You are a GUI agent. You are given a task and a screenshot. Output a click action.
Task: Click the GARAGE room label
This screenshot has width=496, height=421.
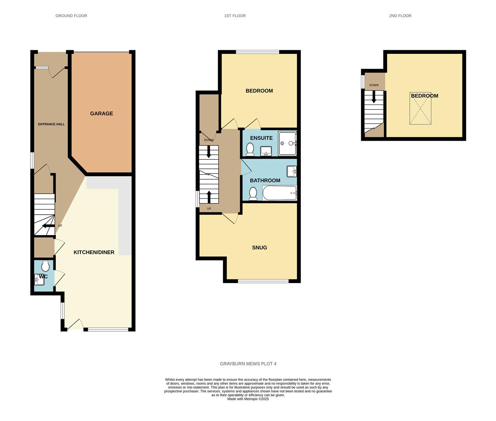pyautogui.click(x=102, y=113)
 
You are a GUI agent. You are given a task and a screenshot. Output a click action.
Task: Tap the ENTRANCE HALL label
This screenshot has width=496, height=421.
pyautogui.click(x=51, y=124)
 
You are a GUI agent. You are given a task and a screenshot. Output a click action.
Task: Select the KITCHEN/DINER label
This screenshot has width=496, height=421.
pyautogui.click(x=94, y=252)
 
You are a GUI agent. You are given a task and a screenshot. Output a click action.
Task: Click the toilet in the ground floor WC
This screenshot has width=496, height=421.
pyautogui.click(x=45, y=266)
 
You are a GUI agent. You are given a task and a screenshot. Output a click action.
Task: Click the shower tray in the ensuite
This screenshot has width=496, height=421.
pyautogui.click(x=287, y=143)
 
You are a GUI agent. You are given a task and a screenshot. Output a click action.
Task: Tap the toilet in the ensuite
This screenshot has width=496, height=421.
pyautogui.click(x=250, y=149)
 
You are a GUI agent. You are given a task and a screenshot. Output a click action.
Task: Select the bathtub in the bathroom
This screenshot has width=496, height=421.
pyautogui.click(x=280, y=193)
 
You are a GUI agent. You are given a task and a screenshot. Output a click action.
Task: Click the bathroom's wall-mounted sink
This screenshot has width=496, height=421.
pyautogui.click(x=292, y=171)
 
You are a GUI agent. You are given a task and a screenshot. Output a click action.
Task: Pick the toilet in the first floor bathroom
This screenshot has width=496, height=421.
pyautogui.click(x=253, y=193)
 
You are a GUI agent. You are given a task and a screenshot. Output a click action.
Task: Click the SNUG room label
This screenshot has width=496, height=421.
pyautogui.click(x=259, y=248)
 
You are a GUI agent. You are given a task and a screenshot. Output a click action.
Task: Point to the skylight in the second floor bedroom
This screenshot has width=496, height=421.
pyautogui.click(x=421, y=109)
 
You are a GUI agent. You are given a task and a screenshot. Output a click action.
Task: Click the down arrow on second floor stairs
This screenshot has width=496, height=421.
pyautogui.click(x=374, y=97)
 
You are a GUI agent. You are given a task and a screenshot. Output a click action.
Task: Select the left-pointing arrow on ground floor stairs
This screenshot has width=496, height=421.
pyautogui.click(x=48, y=226)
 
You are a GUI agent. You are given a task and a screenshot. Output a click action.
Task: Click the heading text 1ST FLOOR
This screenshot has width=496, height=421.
pyautogui.click(x=235, y=16)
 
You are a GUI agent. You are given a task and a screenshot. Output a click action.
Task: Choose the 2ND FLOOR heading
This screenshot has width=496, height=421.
pyautogui.click(x=400, y=16)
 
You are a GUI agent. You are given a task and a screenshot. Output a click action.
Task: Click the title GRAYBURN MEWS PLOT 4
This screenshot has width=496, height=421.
pyautogui.click(x=248, y=364)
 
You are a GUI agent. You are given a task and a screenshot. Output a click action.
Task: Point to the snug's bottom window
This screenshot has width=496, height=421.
pyautogui.click(x=263, y=281)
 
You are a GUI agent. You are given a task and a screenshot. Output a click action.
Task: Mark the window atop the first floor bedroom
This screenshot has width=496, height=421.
pyautogui.click(x=257, y=52)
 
